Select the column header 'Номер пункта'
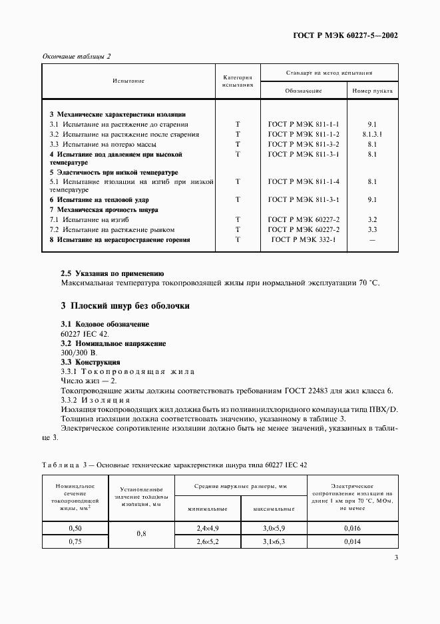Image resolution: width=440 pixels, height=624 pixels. (x=372, y=91)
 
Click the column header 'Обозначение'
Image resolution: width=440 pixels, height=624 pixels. (x=304, y=91)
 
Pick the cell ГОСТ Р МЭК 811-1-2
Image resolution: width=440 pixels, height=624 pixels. (x=304, y=134)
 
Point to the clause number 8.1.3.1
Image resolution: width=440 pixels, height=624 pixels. (x=372, y=134)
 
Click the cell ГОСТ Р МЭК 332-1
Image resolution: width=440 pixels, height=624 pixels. (x=304, y=239)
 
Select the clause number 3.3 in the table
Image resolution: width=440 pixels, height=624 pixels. (x=372, y=229)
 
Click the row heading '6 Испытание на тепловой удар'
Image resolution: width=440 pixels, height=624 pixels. (x=99, y=199)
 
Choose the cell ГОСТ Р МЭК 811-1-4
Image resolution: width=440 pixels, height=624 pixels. (x=304, y=181)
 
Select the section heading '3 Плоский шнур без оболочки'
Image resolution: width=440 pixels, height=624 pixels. (x=125, y=306)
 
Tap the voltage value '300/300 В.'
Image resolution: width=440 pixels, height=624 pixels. (x=79, y=352)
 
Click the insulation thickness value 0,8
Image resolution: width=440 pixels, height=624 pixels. (x=141, y=534)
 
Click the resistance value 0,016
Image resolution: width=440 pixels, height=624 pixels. (x=352, y=528)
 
